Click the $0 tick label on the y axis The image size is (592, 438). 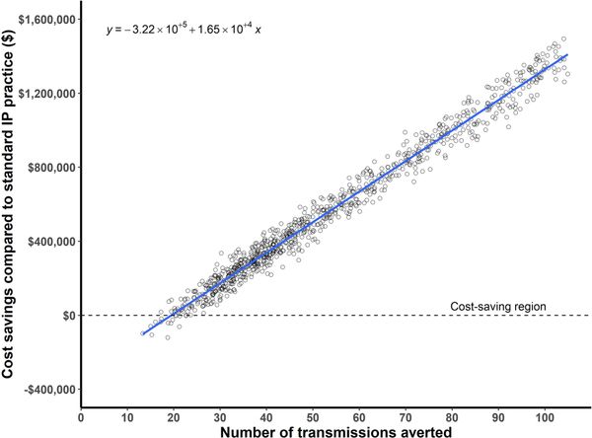66,316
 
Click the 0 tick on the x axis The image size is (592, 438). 81,417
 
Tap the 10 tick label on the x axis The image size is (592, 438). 127,417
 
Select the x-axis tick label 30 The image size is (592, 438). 220,417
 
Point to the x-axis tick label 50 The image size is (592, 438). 313,417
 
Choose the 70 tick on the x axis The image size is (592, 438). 406,417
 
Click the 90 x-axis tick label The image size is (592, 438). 498,417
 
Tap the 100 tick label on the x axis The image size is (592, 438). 545,417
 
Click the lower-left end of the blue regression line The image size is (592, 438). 142,333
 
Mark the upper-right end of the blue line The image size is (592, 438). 567,56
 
